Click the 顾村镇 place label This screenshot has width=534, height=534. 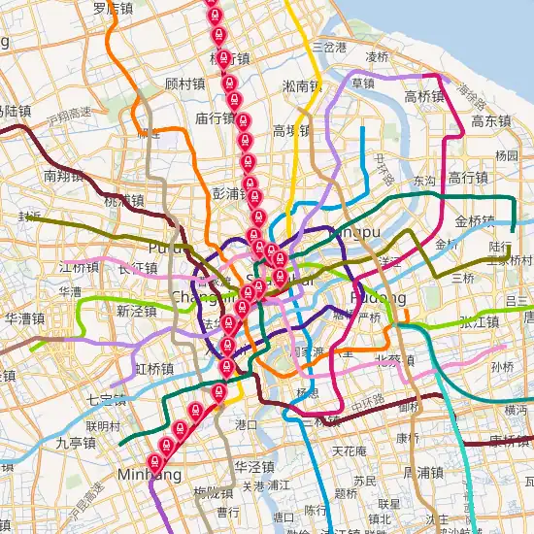click(185, 83)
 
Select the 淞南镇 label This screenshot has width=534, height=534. click(302, 86)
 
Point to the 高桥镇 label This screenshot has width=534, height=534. click(424, 96)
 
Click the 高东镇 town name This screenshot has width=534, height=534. click(491, 121)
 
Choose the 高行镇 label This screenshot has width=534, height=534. click(468, 178)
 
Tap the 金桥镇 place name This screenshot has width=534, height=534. click(475, 220)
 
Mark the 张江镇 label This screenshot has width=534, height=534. click(479, 322)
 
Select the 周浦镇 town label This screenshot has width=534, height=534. click(421, 473)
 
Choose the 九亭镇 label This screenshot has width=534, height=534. click(75, 443)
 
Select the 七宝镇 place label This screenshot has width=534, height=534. click(106, 399)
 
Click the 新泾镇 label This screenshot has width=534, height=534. click(136, 312)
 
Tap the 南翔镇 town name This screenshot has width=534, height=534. click(63, 176)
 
